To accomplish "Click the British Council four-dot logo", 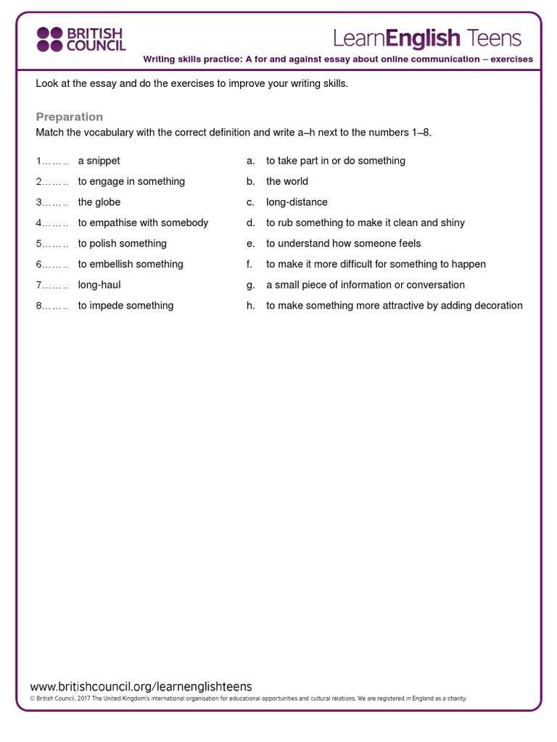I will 50,39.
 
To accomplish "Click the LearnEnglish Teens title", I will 427,38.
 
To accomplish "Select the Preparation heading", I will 70,117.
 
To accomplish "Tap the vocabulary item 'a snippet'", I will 99,161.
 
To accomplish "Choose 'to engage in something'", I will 131,181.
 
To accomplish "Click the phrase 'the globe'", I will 99,202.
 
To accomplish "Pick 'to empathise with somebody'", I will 143,222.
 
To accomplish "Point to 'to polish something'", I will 123,243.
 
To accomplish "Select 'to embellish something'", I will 131,264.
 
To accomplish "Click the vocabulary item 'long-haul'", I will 99,285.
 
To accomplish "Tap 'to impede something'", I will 125,306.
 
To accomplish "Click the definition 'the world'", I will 287,181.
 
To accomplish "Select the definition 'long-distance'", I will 297,202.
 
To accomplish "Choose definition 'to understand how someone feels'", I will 343,243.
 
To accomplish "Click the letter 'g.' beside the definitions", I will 250,285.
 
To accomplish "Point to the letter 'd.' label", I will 250,222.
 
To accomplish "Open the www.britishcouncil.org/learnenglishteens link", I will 141,686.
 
